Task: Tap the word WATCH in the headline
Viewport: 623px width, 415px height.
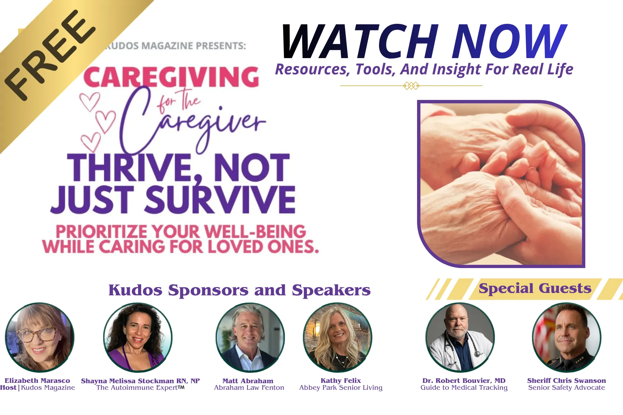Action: click(360, 42)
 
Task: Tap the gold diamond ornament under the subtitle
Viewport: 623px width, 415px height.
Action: click(411, 85)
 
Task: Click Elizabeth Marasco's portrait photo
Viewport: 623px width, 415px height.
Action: click(39, 337)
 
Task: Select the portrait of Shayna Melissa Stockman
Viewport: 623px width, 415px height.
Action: click(138, 337)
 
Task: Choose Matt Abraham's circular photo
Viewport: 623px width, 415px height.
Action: click(250, 337)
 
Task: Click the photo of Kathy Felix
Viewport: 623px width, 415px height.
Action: click(337, 337)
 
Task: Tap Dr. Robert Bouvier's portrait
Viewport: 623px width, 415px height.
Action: click(460, 337)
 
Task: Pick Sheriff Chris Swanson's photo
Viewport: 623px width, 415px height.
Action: click(566, 337)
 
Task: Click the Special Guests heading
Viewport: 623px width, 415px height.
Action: click(535, 288)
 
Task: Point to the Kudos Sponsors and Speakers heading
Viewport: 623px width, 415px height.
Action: click(240, 290)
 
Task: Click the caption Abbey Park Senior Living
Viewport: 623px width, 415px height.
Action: click(341, 388)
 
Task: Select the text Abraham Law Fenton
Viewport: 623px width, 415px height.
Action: click(249, 388)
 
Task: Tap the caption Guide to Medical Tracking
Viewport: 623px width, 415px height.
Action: click(464, 388)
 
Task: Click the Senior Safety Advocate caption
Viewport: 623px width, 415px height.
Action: click(567, 388)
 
